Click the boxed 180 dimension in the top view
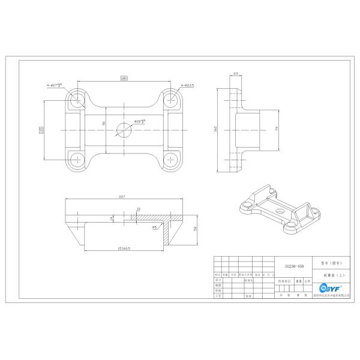(124, 78)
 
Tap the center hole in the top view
(123, 130)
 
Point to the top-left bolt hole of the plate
(76, 100)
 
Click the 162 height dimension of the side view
(215, 128)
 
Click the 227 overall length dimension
(122, 196)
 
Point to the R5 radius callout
(154, 227)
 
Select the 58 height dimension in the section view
(196, 229)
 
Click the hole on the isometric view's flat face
(280, 212)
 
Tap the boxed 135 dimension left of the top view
(41, 130)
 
